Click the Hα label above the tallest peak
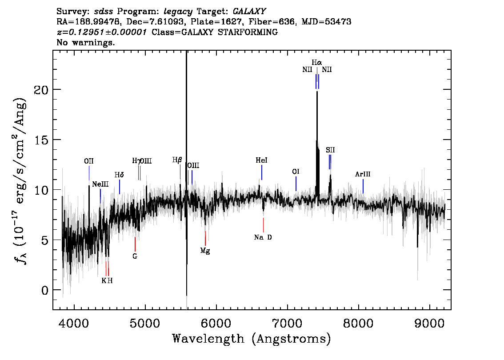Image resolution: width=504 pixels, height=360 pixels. point(316,62)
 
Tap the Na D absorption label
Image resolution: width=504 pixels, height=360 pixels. point(263,237)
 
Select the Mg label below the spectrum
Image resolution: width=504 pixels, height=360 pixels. point(205,251)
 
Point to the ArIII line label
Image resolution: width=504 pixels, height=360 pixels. point(363,174)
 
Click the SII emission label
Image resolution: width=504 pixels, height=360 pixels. point(330,150)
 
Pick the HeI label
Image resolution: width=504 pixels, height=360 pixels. point(262,160)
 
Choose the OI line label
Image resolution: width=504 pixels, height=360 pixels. point(296,172)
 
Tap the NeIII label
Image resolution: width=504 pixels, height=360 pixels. point(100,184)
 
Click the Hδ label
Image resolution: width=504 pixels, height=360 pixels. point(119,175)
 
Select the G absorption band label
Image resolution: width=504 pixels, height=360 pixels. point(135,256)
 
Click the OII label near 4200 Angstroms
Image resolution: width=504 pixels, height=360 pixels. point(89,161)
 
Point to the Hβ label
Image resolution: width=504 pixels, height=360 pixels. point(177,160)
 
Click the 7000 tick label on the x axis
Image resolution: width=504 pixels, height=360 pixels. point(287,323)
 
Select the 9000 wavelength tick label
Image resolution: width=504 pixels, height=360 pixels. point(429,323)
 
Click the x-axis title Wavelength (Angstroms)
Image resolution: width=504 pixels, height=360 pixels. point(252,339)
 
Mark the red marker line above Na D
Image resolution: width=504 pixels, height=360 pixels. point(263,225)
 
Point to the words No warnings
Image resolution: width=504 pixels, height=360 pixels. point(85,42)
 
